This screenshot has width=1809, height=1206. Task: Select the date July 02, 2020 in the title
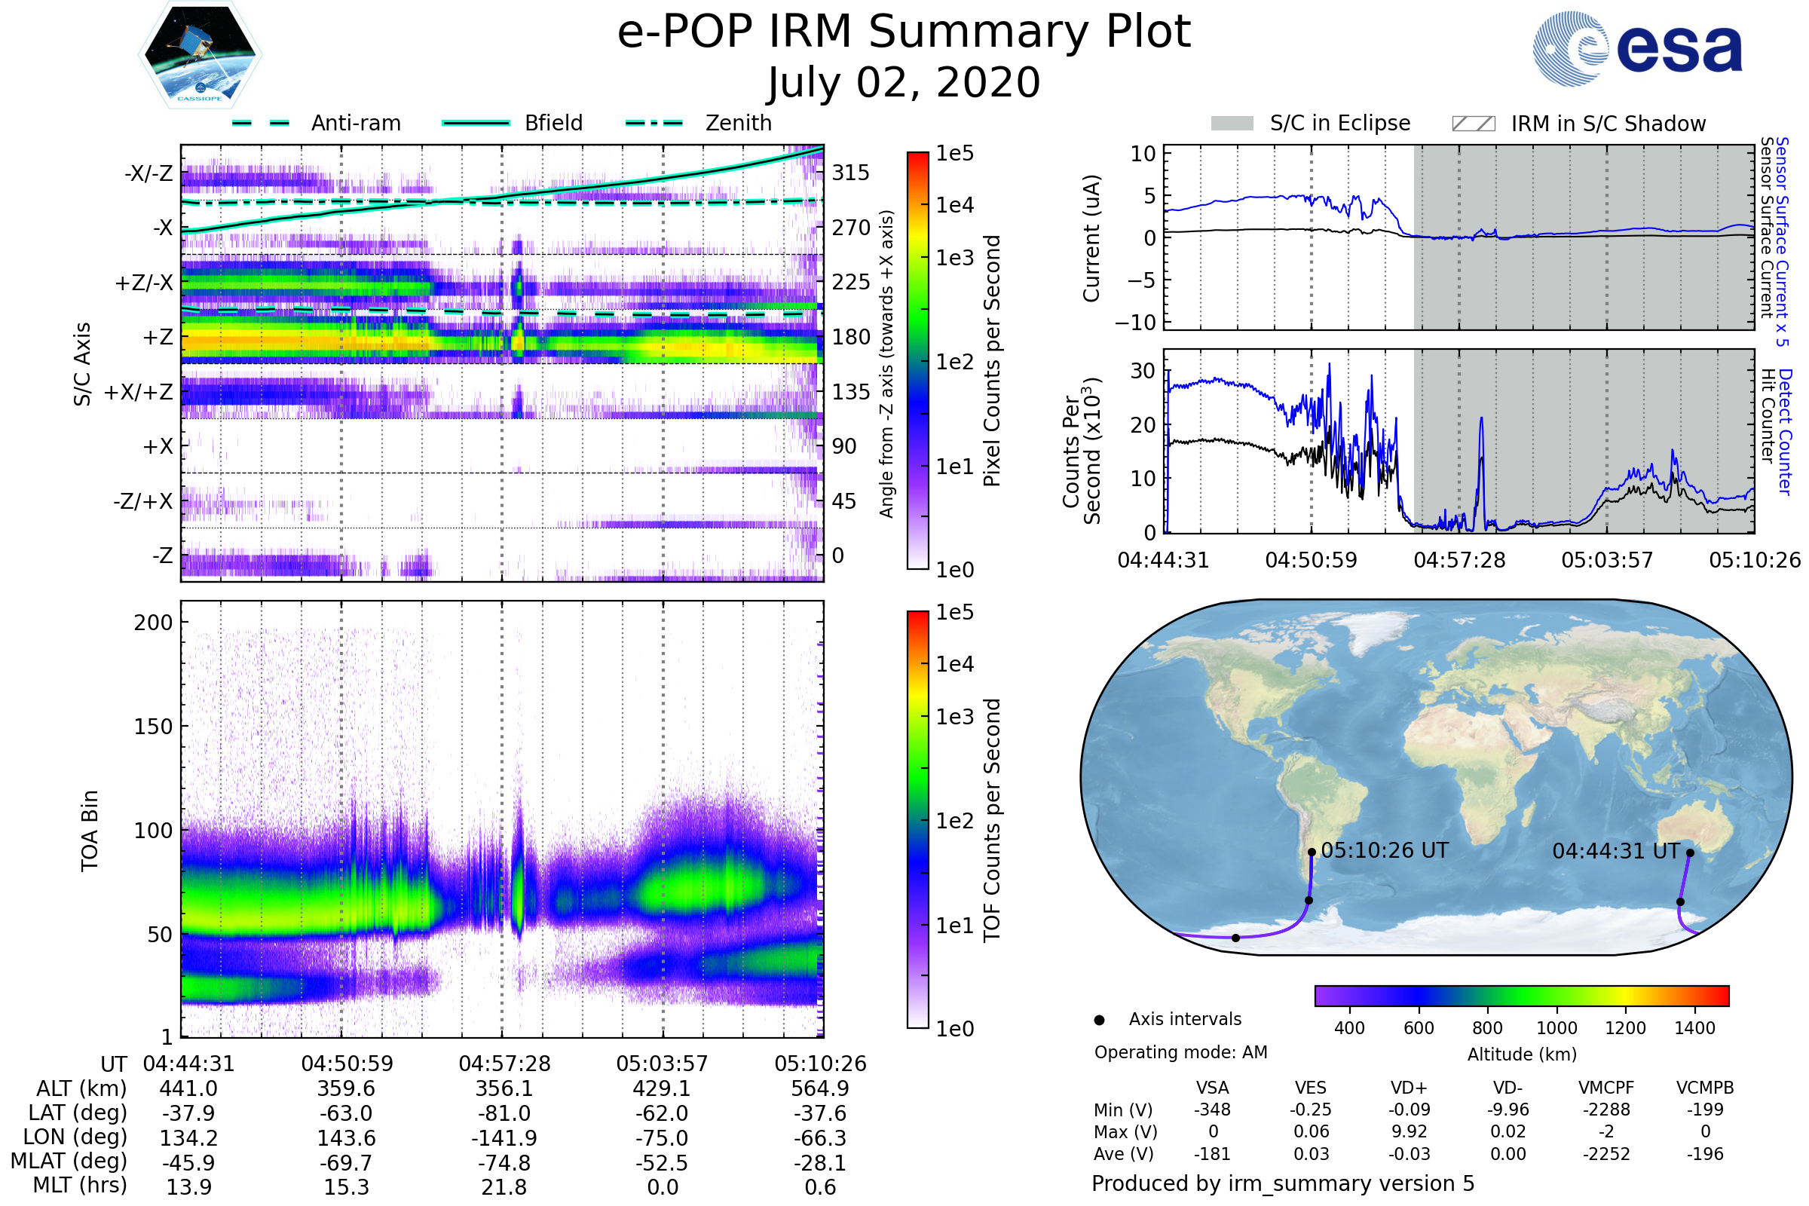(x=904, y=82)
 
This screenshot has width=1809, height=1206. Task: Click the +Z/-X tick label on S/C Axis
(x=144, y=283)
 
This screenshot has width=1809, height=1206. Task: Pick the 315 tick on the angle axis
(x=850, y=173)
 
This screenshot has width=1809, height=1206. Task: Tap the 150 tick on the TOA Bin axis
(x=153, y=727)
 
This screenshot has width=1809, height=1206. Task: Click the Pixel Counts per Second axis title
(x=992, y=360)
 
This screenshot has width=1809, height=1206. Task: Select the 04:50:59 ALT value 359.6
(x=346, y=1088)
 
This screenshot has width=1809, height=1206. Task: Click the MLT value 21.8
(x=504, y=1186)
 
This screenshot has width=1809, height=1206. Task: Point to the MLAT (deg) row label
(x=69, y=1162)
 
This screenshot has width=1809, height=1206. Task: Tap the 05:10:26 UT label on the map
(x=1385, y=851)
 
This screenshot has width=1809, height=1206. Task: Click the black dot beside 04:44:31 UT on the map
(x=1690, y=852)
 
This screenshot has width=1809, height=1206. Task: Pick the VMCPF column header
(x=1606, y=1088)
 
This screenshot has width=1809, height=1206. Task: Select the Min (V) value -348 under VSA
(x=1212, y=1110)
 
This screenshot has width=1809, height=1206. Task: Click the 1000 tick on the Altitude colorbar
(x=1556, y=1028)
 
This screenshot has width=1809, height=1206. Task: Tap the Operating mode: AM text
(x=1180, y=1052)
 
